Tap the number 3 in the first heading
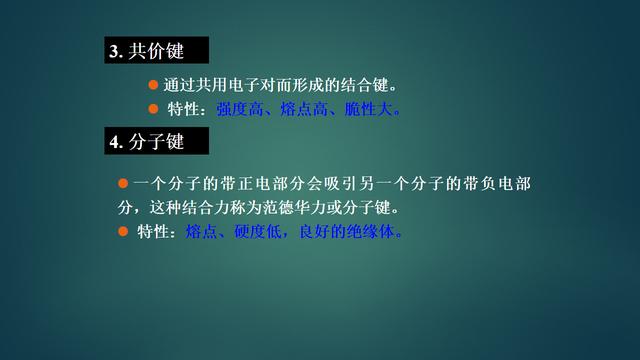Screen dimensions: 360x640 [114, 51]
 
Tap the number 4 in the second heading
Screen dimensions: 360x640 [114, 143]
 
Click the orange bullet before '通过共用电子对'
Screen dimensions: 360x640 [153, 83]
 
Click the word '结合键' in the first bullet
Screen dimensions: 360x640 [365, 84]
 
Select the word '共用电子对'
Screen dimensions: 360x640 [239, 84]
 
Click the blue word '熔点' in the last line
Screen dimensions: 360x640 [201, 233]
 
